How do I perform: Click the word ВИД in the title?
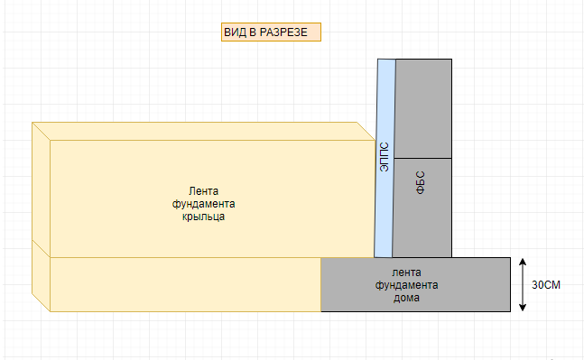[235, 32]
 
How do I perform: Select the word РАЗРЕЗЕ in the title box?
[286, 32]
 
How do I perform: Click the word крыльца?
[203, 217]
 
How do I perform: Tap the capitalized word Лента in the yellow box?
[203, 190]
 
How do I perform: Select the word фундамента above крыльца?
[203, 204]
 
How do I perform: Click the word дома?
[406, 299]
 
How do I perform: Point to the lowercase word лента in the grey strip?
[406, 272]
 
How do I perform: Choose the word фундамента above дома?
[406, 285]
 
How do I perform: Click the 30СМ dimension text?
[546, 285]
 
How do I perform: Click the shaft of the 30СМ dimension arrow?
[523, 285]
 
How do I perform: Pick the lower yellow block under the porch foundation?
[181, 284]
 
